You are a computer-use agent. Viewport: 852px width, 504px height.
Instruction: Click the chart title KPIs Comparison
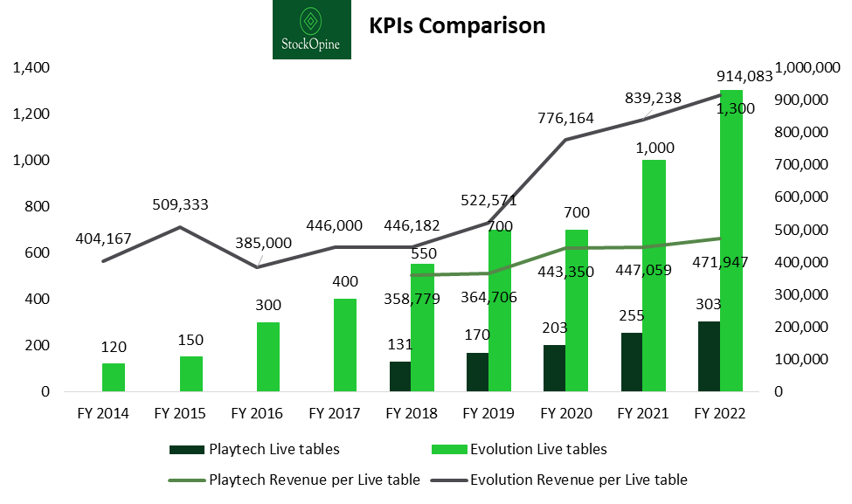point(457,26)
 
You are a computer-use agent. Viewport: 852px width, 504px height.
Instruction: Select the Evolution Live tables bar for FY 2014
point(114,377)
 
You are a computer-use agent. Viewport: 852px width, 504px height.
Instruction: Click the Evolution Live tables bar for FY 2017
point(346,345)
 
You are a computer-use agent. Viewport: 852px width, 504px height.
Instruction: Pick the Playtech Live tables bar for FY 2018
point(400,376)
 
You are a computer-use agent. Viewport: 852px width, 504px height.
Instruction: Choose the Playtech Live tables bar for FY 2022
point(709,356)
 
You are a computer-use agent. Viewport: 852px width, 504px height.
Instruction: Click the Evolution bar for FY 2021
point(655,275)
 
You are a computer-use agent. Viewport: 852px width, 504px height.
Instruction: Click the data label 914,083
point(744,76)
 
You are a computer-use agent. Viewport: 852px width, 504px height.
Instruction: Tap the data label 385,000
point(263,243)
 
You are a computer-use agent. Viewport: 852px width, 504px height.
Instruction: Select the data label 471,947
point(744,261)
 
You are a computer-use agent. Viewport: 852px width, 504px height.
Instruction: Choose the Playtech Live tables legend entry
point(254,450)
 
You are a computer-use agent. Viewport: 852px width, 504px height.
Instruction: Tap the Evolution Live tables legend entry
point(520,450)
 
